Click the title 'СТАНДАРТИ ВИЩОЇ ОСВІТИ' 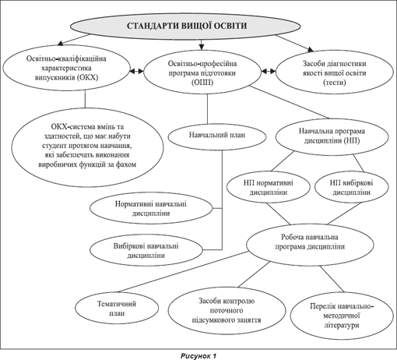coord(187,26)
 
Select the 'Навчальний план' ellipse coord(217,136)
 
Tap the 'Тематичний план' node coord(117,309)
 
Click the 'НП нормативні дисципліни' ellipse coord(269,187)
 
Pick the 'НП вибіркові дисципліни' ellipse coord(352,187)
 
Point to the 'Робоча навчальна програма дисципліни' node coord(310,245)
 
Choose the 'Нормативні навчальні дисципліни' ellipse coord(151,209)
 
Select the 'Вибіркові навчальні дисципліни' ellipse coord(146,250)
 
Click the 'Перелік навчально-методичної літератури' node coord(342,316)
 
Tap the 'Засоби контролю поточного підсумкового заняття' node coord(227,310)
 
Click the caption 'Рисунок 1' coord(198,355)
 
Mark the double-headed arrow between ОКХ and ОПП coord(136,71)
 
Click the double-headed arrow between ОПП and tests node coord(269,71)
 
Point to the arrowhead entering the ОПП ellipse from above coord(202,47)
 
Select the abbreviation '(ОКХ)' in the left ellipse coord(87,77)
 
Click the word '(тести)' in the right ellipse coord(335,83)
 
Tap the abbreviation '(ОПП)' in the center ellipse coord(202,83)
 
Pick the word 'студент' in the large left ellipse coord(54,146)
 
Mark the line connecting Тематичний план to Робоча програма coord(182,272)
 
